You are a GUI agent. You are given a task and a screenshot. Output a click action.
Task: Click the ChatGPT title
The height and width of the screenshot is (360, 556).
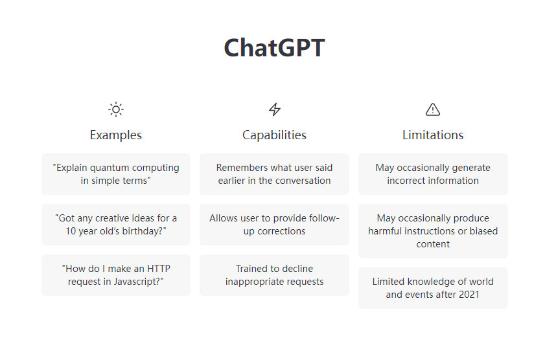(274, 47)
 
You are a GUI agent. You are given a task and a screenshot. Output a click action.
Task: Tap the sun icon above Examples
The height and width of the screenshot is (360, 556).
(116, 109)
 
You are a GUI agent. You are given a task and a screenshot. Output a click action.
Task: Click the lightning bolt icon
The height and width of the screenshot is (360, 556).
(275, 109)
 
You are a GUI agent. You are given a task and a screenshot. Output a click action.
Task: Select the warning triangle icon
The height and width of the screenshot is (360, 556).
(433, 109)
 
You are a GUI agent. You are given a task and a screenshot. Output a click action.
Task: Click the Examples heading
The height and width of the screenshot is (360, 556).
(115, 135)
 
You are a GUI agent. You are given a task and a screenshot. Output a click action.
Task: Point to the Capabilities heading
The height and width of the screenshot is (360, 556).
(274, 135)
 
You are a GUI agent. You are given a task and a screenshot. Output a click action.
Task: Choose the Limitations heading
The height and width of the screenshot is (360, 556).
(433, 135)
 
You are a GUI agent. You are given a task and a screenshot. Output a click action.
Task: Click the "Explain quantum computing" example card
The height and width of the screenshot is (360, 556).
(116, 174)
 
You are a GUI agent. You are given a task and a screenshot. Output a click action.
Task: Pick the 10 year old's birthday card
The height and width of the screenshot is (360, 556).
(116, 225)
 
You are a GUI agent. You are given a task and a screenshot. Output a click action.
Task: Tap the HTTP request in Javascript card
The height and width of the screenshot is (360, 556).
(116, 275)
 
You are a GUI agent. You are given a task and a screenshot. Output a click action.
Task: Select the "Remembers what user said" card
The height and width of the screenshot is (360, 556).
(274, 174)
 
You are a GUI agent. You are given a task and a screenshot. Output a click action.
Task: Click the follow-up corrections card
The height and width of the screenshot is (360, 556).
(274, 225)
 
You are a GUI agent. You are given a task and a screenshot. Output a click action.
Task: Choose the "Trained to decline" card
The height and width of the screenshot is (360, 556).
(274, 275)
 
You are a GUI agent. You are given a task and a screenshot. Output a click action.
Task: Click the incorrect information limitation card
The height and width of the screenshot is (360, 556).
(433, 174)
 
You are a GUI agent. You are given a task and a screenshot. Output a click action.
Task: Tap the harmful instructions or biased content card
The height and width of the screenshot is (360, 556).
(433, 231)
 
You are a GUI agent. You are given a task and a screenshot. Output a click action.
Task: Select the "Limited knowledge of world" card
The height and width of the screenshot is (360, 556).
(433, 288)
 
